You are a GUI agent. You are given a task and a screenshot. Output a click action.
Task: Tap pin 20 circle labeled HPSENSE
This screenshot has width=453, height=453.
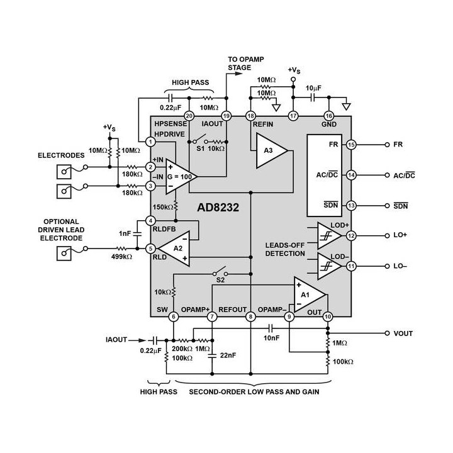click(188, 116)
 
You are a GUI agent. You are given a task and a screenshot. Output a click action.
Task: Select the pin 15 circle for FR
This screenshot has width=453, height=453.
click(352, 145)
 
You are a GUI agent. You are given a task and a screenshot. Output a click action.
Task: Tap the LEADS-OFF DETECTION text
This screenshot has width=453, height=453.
click(285, 249)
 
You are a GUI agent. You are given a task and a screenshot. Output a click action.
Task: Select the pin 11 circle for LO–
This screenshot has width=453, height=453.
click(352, 266)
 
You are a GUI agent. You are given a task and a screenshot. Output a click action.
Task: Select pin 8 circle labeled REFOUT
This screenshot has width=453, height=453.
click(250, 316)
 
